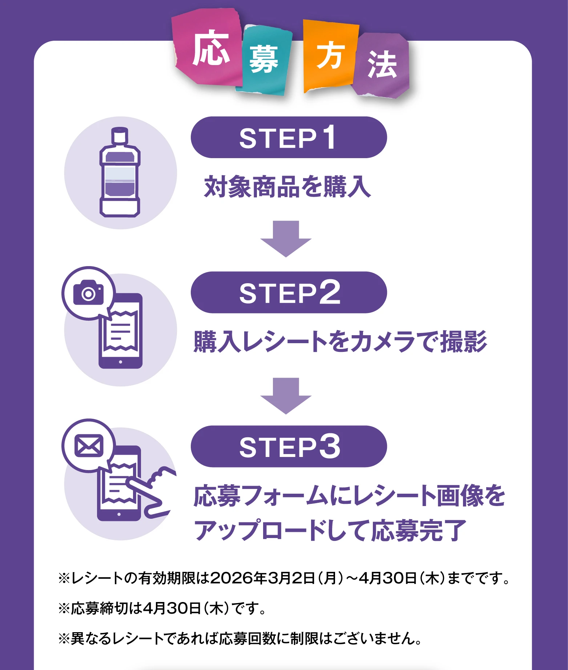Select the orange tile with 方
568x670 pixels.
point(330,55)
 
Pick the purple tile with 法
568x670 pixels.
point(382,65)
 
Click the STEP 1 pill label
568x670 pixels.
point(289,137)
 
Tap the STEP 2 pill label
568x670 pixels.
point(289,292)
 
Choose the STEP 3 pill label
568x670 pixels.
point(289,446)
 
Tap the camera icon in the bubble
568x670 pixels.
point(88,293)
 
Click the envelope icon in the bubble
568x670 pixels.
point(89,446)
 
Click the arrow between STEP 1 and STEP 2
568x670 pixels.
point(286,238)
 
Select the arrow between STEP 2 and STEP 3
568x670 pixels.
point(286,396)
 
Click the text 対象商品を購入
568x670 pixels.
point(287,187)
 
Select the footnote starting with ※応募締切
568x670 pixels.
point(162,608)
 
